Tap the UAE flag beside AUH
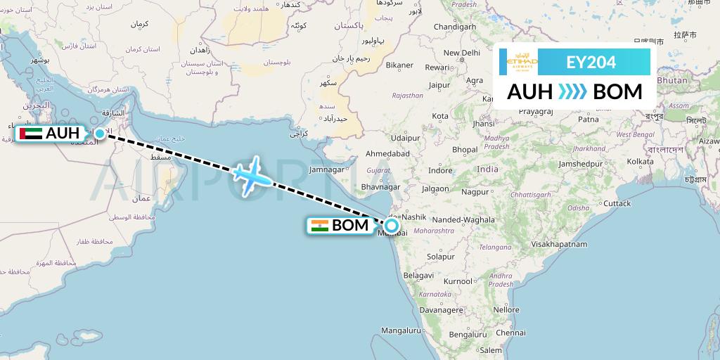click(x=31, y=133)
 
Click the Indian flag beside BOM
click(x=320, y=226)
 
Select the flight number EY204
click(x=591, y=62)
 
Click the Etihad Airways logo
click(x=522, y=62)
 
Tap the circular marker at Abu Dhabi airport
click(x=100, y=134)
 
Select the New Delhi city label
click(x=461, y=53)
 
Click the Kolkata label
click(x=640, y=162)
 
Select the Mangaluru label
click(x=401, y=330)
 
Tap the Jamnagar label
click(x=328, y=169)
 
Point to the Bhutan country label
click(x=673, y=80)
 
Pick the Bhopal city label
click(x=465, y=150)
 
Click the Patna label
click(x=588, y=120)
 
